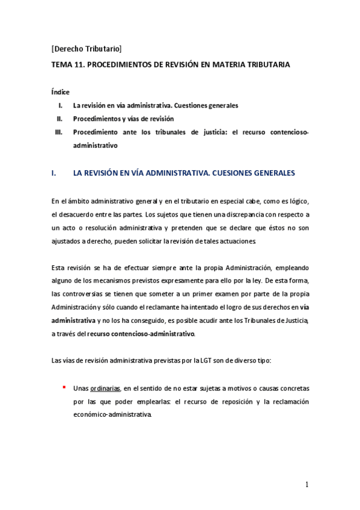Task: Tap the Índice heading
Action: coord(61,92)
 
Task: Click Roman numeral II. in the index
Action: coord(59,118)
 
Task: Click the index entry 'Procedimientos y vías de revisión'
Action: coord(123,118)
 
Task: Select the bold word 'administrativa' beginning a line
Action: coord(73,321)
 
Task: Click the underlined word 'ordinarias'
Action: coord(106,388)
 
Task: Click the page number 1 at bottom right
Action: coord(307,484)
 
